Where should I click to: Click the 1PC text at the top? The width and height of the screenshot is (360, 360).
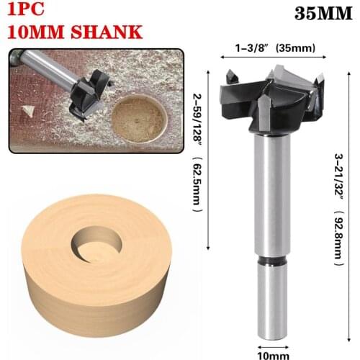pos(27,11)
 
